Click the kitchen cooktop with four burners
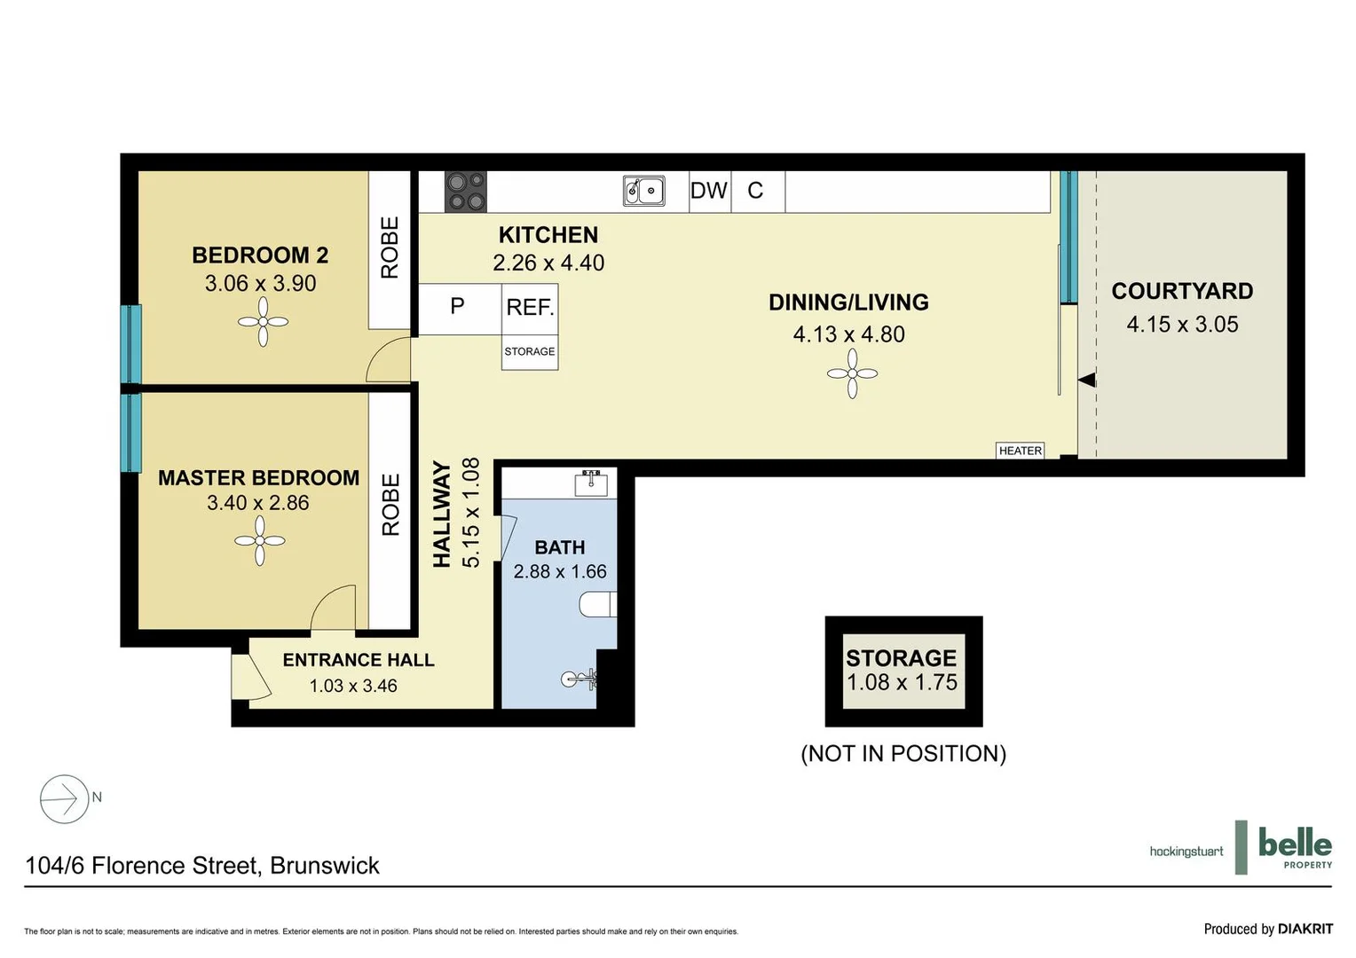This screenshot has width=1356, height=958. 466,192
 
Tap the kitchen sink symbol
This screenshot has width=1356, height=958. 644,191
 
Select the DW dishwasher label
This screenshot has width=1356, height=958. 709,191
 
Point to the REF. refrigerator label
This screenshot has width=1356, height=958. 530,308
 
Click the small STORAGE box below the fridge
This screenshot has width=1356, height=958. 530,352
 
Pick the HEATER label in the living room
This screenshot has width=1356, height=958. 1021,451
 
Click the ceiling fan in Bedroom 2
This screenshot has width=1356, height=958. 264,322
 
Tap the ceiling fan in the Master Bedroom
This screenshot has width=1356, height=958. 260,540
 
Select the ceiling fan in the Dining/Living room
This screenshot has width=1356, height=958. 852,373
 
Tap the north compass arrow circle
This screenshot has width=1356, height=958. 64,799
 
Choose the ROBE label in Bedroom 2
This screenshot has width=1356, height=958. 390,248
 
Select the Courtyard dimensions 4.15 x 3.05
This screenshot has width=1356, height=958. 1182,325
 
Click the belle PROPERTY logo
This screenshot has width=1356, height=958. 1294,847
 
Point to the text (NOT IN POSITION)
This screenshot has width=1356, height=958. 903,754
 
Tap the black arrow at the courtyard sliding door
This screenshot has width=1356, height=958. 1087,381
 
